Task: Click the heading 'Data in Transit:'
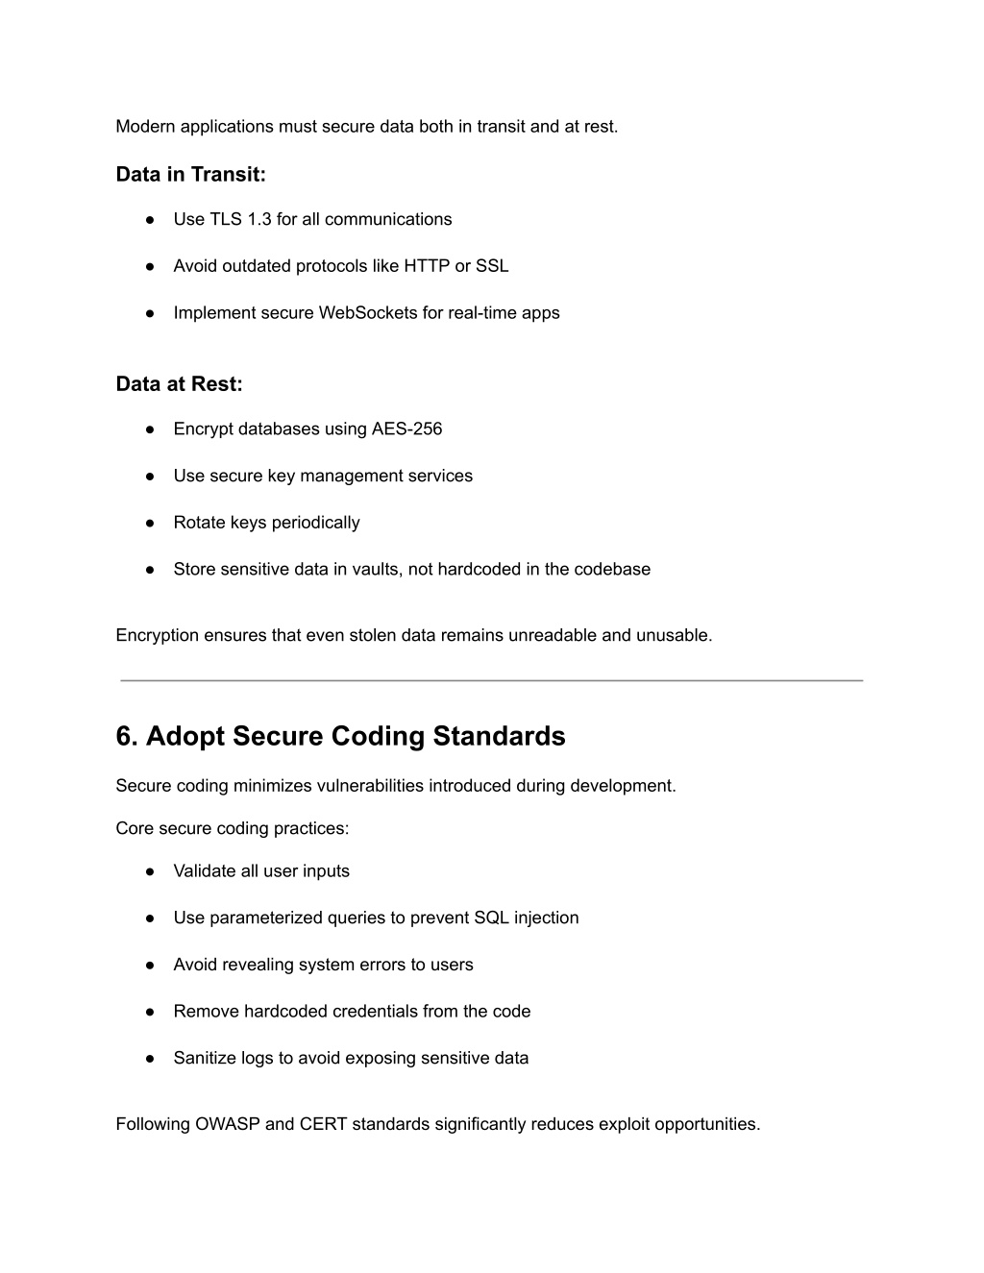tap(190, 175)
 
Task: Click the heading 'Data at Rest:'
tap(179, 384)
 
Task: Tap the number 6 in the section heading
tap(125, 737)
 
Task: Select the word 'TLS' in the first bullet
tap(226, 219)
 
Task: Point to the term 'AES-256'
tap(407, 429)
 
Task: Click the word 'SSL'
tap(492, 266)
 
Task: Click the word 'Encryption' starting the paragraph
tap(158, 636)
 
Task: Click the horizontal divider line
tap(492, 680)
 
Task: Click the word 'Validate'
tap(205, 871)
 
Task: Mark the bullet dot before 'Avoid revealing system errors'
tap(151, 966)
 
